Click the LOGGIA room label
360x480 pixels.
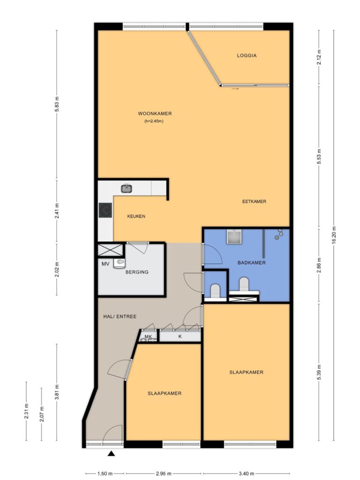[x=247, y=56]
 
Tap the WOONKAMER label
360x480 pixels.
[x=155, y=113]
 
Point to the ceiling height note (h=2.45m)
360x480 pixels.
[x=154, y=121]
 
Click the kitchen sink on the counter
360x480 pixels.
[x=127, y=188]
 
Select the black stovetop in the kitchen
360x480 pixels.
[x=105, y=210]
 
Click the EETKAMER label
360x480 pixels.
[x=254, y=202]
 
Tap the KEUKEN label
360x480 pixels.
[x=136, y=216]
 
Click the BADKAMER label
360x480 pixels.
[x=251, y=262]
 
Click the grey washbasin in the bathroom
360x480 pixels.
[x=234, y=236]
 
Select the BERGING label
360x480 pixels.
[x=137, y=272]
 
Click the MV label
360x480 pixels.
[x=105, y=263]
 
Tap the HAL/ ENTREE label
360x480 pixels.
[x=120, y=316]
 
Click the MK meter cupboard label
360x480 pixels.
[x=148, y=337]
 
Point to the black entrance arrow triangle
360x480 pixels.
[x=112, y=454]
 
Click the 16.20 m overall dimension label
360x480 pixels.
[x=334, y=235]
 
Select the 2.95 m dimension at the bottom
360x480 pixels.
[x=164, y=474]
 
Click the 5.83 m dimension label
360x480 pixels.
[x=57, y=105]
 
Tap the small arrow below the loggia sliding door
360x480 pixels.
[x=235, y=89]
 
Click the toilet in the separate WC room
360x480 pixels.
[x=215, y=291]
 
